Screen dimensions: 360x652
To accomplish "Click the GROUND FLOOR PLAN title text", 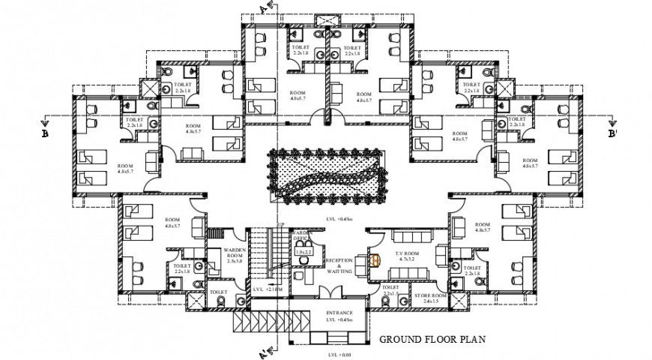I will pyautogui.click(x=432, y=339).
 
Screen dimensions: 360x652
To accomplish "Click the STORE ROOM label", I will pyautogui.click(x=431, y=296).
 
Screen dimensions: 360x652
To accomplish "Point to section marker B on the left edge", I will pyautogui.click(x=46, y=133).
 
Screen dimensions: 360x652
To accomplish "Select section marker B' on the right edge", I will pyautogui.click(x=612, y=133).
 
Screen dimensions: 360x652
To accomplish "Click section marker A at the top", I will pyautogui.click(x=263, y=9).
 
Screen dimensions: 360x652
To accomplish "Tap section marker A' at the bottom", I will pyautogui.click(x=263, y=351).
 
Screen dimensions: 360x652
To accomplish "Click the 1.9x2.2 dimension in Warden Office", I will pyautogui.click(x=304, y=253).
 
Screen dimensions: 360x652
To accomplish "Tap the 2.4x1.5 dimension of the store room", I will pyautogui.click(x=431, y=302).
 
